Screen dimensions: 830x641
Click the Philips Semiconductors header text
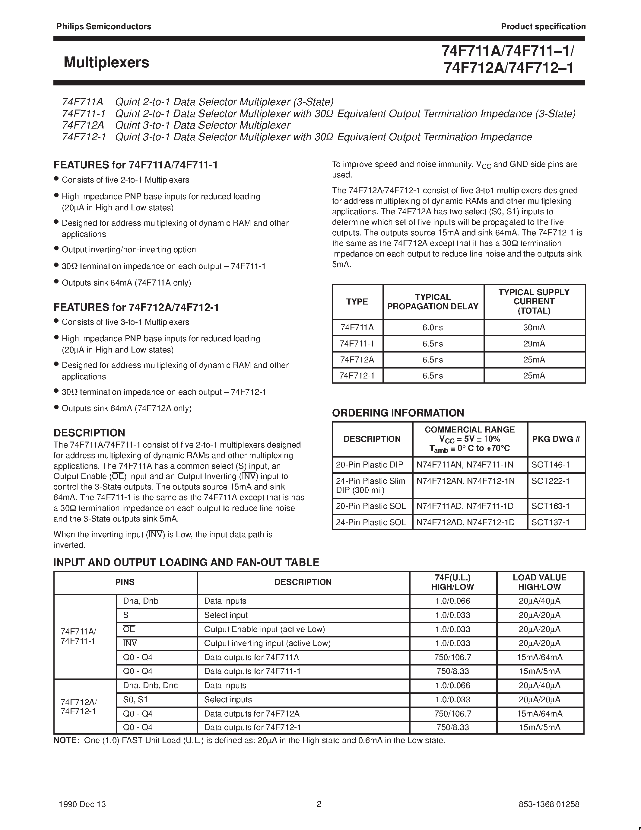pyautogui.click(x=104, y=27)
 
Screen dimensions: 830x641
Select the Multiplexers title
pyautogui.click(x=106, y=62)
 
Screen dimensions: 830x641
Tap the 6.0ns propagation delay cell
pyautogui.click(x=433, y=327)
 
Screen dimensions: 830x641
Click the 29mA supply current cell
pyautogui.click(x=534, y=343)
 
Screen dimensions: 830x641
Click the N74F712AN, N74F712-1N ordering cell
pyautogui.click(x=465, y=481)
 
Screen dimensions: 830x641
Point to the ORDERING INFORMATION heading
pyautogui.click(x=398, y=413)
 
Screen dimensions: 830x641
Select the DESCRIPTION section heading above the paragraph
pyautogui.click(x=89, y=433)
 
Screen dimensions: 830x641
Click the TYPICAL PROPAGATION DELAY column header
pyautogui.click(x=433, y=302)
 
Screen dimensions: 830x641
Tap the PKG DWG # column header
pyautogui.click(x=556, y=439)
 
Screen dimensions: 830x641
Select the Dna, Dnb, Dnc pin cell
pyautogui.click(x=151, y=686)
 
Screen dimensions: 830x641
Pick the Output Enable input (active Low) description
pyautogui.click(x=264, y=629)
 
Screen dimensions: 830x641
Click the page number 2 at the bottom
pyautogui.click(x=319, y=804)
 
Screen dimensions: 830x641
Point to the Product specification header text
pyautogui.click(x=543, y=27)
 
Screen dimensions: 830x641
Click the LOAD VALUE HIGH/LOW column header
pyautogui.click(x=539, y=582)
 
